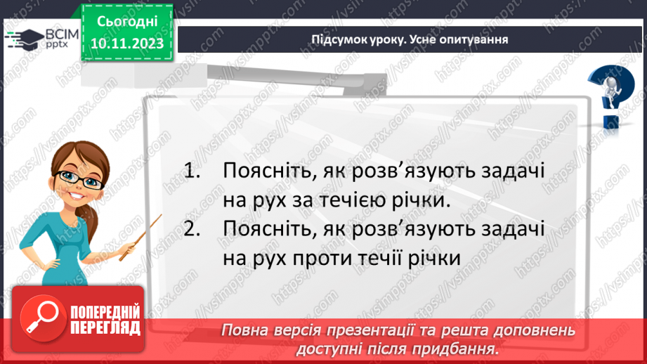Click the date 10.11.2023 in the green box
127,44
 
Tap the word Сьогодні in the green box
127,22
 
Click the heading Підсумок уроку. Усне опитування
410,39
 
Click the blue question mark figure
612,96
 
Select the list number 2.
192,228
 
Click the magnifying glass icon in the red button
42,318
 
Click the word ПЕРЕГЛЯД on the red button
105,328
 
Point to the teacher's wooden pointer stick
140,238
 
